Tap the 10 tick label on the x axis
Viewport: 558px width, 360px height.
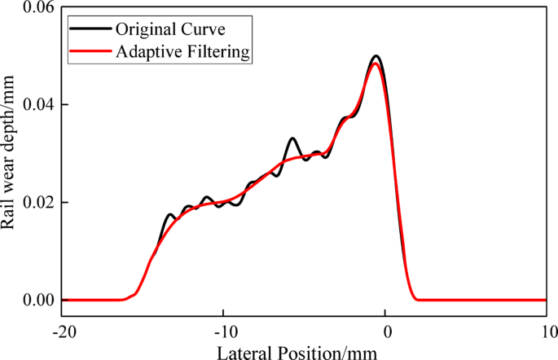coord(547,331)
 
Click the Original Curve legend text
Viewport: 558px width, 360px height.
coord(169,30)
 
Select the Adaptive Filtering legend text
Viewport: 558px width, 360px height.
coord(183,52)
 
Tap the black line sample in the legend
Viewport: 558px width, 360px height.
coord(89,31)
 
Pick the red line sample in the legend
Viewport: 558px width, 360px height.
coord(89,53)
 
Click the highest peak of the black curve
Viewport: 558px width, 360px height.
coord(376,56)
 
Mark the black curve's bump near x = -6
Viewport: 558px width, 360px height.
coord(292,138)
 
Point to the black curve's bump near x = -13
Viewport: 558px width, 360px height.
coord(169,215)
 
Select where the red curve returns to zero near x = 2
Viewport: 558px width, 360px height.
coord(416,299)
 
